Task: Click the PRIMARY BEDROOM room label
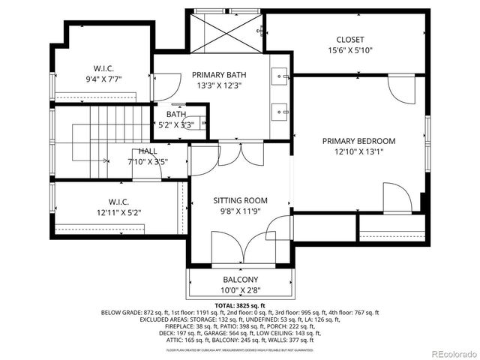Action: [358, 141]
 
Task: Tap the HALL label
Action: [147, 151]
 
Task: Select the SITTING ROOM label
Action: [240, 201]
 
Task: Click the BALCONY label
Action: [240, 280]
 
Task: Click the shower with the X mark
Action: [226, 32]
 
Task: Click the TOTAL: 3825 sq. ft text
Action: [240, 306]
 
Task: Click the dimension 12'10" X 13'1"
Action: [358, 153]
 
